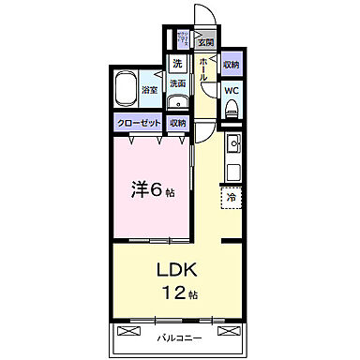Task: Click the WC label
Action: click(232, 91)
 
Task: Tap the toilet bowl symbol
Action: click(232, 109)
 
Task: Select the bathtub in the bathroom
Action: click(125, 90)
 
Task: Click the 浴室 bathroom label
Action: click(149, 91)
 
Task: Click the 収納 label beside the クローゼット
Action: click(177, 122)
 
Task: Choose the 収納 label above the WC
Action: click(232, 66)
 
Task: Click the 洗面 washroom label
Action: click(177, 83)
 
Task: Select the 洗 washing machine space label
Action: click(176, 65)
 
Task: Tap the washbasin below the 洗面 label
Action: click(178, 101)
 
